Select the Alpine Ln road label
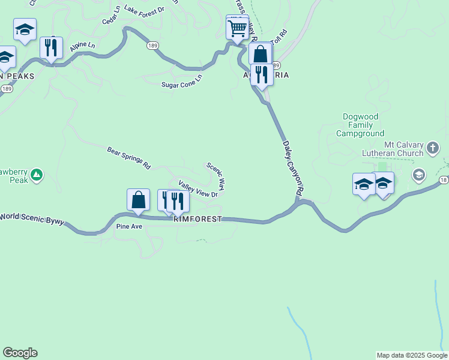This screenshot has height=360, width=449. tap(82, 46)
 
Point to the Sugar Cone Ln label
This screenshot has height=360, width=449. tap(182, 82)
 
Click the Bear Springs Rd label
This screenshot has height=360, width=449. tap(128, 157)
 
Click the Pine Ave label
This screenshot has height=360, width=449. tap(129, 227)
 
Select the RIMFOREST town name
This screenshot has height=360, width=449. tap(197, 220)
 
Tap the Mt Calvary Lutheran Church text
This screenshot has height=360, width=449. tap(404, 149)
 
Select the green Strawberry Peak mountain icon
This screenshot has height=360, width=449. tap(37, 175)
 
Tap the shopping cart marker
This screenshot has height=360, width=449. tap(238, 28)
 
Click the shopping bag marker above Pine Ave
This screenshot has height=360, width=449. tap(138, 200)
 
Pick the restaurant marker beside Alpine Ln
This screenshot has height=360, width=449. tap(51, 47)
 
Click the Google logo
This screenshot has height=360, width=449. tap(20, 353)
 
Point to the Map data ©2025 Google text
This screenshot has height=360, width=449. tap(412, 355)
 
